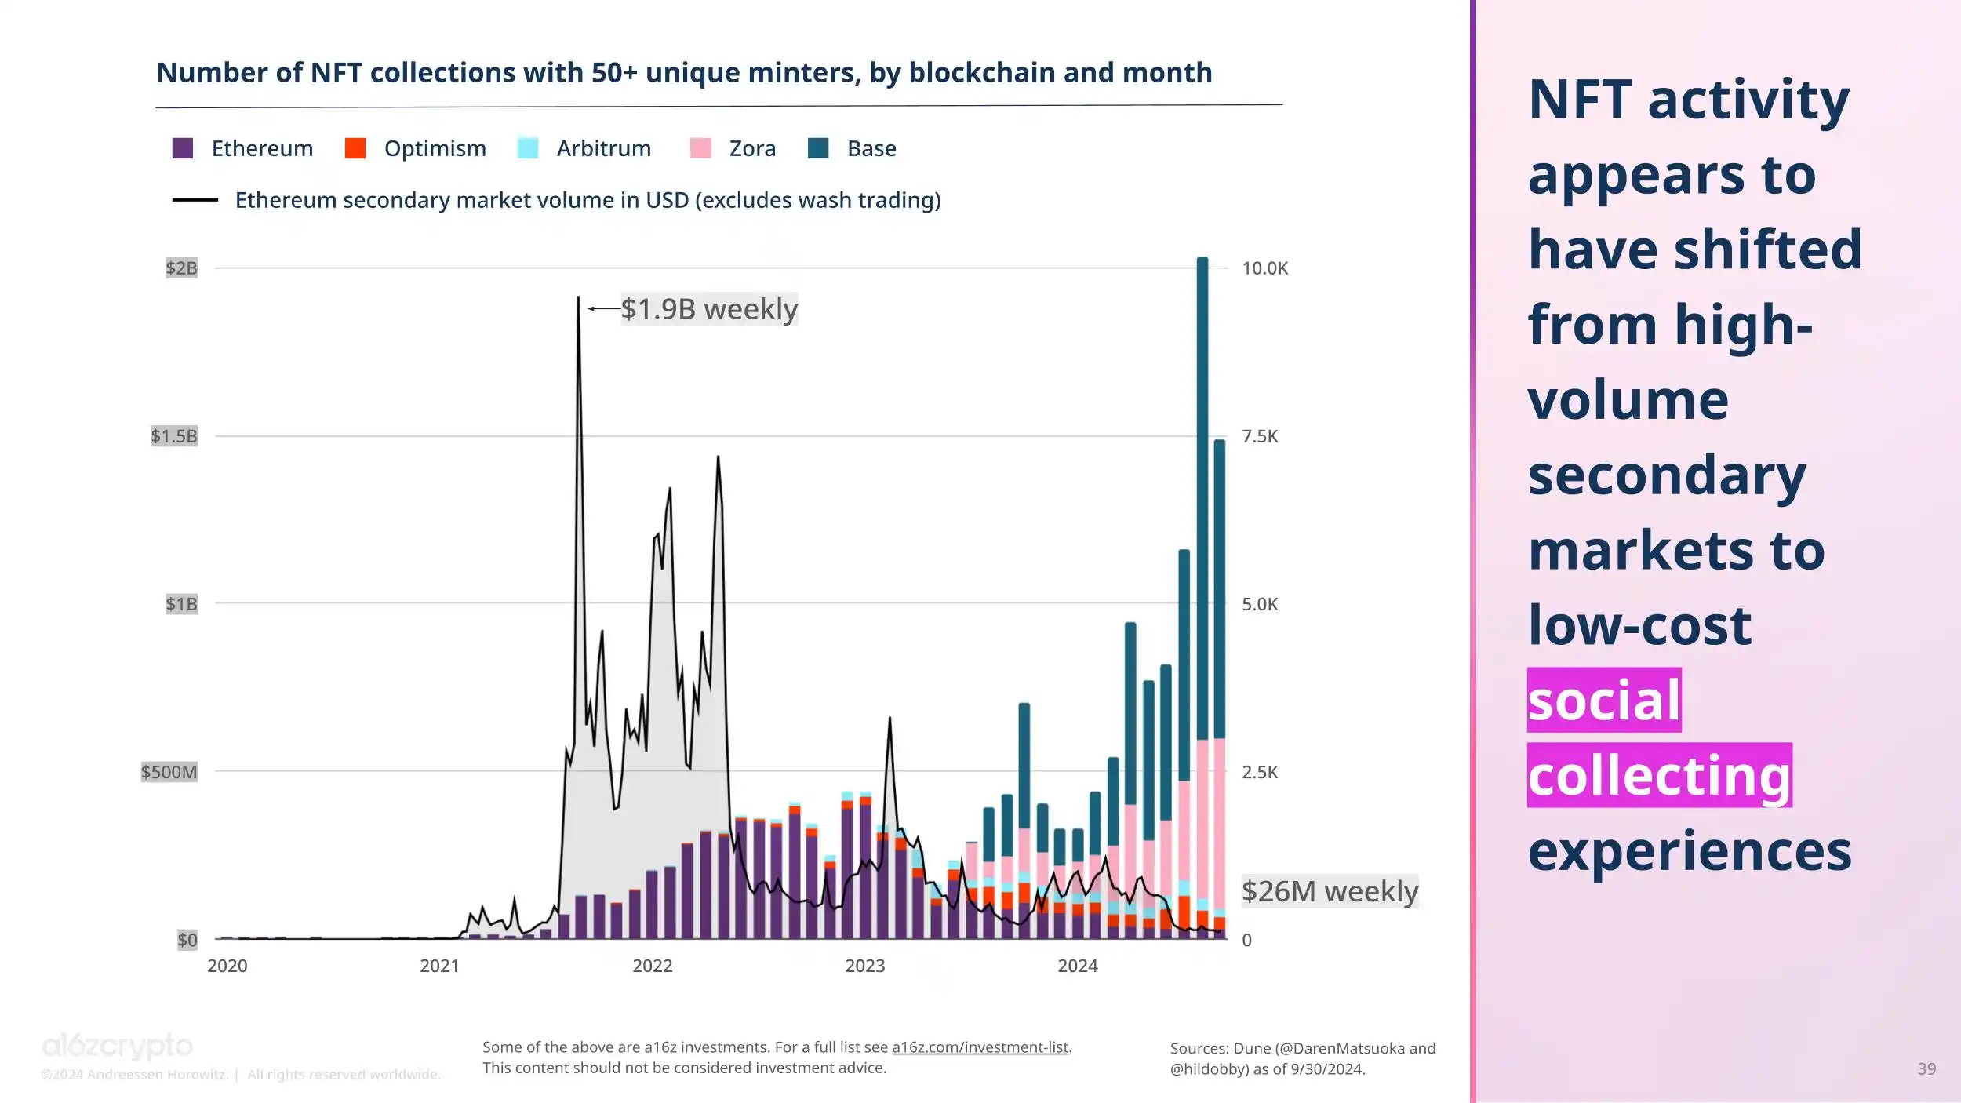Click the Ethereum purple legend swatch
pyautogui.click(x=183, y=148)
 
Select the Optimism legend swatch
pyautogui.click(x=355, y=148)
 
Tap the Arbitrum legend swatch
pyautogui.click(x=528, y=148)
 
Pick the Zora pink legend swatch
pyautogui.click(x=700, y=148)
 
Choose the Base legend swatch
pyautogui.click(x=818, y=148)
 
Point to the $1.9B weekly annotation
pyautogui.click(x=709, y=309)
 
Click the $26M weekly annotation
pyautogui.click(x=1330, y=892)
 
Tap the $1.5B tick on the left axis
pyautogui.click(x=174, y=436)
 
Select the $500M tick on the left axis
pyautogui.click(x=169, y=772)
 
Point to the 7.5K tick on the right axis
pyautogui.click(x=1260, y=436)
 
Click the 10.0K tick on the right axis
pyautogui.click(x=1264, y=268)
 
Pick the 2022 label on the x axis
pyautogui.click(x=652, y=966)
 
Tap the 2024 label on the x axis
pyautogui.click(x=1077, y=966)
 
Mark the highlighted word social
pyautogui.click(x=1604, y=700)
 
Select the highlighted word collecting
pyautogui.click(x=1659, y=775)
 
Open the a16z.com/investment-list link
pyautogui.click(x=980, y=1047)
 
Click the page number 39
pyautogui.click(x=1926, y=1068)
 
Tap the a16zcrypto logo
pyautogui.click(x=118, y=1046)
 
